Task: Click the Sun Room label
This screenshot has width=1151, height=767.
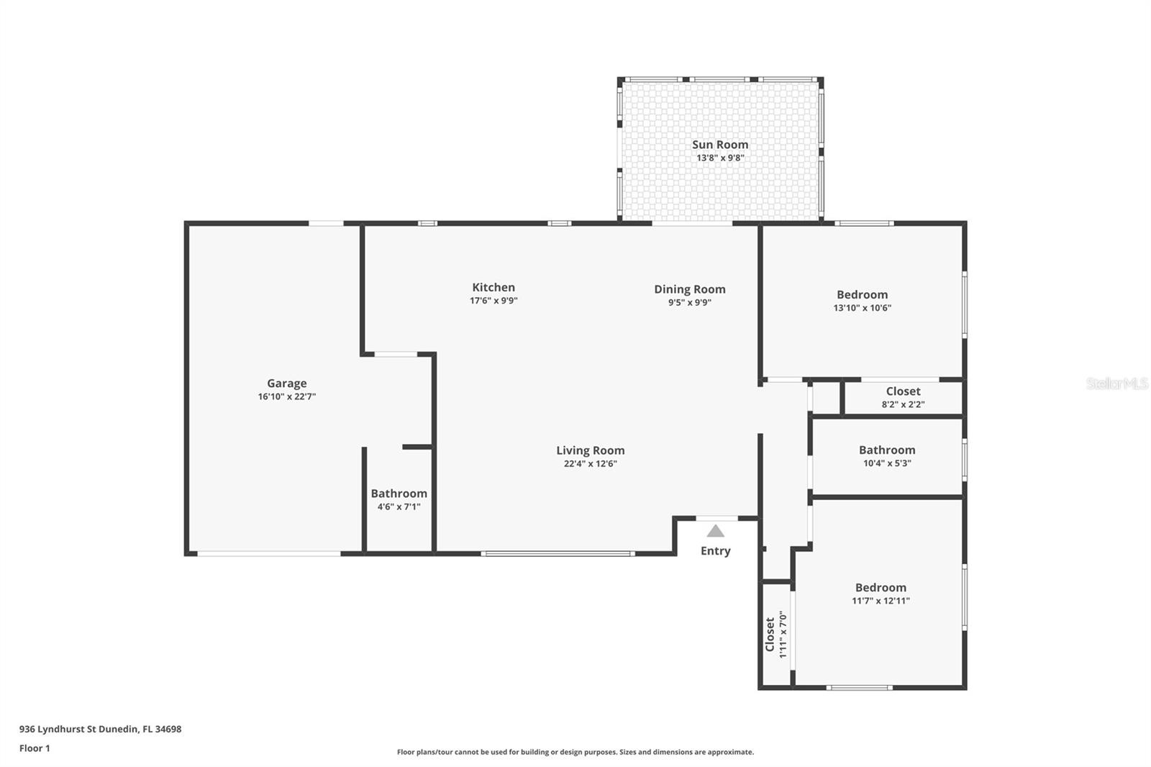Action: pyautogui.click(x=720, y=145)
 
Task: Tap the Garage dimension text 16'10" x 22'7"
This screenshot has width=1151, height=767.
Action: pyautogui.click(x=287, y=396)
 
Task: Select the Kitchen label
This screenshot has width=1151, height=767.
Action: pyautogui.click(x=493, y=287)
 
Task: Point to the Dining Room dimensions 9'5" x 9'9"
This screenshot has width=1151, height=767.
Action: pyautogui.click(x=690, y=302)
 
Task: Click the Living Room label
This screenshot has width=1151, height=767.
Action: pyautogui.click(x=591, y=450)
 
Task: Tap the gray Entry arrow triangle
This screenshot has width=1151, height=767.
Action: pyautogui.click(x=715, y=531)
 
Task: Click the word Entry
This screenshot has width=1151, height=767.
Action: pyautogui.click(x=715, y=551)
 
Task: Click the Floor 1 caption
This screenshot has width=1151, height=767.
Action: pyautogui.click(x=35, y=748)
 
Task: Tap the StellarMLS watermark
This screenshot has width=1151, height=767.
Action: pyautogui.click(x=1116, y=383)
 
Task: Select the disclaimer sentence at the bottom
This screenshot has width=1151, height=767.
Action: pyautogui.click(x=575, y=752)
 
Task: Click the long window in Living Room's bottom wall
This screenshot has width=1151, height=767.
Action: pyautogui.click(x=558, y=553)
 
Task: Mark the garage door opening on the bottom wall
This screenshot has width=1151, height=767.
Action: pyautogui.click(x=269, y=553)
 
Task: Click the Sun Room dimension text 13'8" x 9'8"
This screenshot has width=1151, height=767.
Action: pyautogui.click(x=720, y=158)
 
